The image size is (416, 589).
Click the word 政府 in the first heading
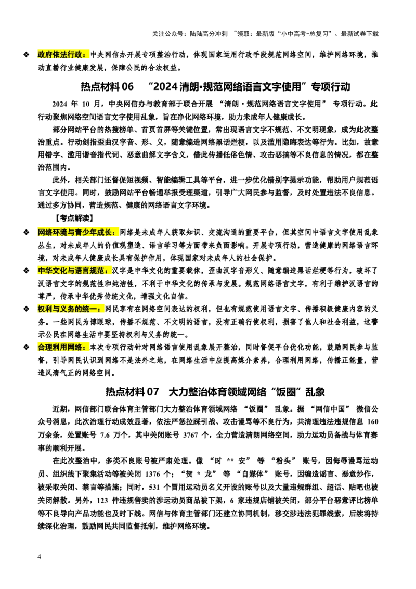(45, 55)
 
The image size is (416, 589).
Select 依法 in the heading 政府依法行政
(60, 55)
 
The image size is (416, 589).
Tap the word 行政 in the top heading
(75, 55)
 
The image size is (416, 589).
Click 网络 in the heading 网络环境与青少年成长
(45, 233)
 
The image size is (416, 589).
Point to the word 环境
(60, 233)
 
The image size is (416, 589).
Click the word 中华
(45, 271)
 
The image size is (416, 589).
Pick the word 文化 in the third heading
(60, 271)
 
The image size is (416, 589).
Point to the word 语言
(83, 271)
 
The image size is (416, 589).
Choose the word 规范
(98, 271)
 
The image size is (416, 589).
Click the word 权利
(45, 309)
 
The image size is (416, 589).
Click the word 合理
(45, 347)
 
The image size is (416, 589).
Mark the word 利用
(60, 347)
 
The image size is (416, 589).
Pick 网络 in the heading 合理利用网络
(75, 347)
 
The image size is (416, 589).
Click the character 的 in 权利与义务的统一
(79, 309)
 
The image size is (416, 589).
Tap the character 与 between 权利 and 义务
(57, 309)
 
